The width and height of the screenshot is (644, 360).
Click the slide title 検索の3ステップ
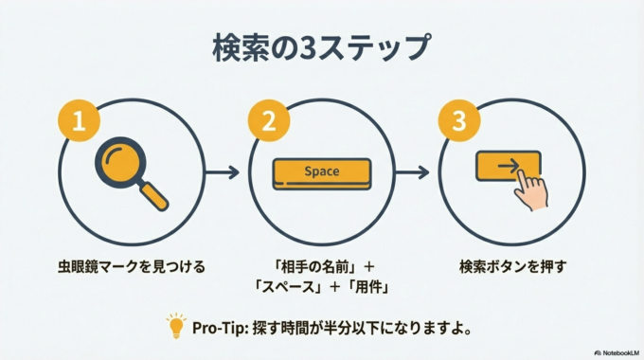(321, 46)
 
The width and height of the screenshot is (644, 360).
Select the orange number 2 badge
(269, 123)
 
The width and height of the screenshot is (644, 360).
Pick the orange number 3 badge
(459, 123)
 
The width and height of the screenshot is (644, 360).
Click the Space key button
(321, 172)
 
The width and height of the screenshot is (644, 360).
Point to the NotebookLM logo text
(617, 350)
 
